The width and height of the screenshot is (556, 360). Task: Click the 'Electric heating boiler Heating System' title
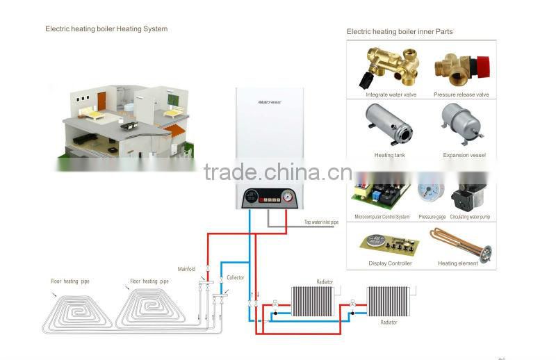tap(106, 29)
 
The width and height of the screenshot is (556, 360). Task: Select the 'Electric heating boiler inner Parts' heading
tap(400, 32)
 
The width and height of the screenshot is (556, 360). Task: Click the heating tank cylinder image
tap(389, 126)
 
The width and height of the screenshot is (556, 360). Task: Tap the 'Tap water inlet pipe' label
tap(321, 222)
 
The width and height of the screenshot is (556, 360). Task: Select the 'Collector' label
tap(235, 277)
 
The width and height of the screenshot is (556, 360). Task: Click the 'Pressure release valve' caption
tap(461, 95)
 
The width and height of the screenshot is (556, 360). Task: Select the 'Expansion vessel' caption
tap(464, 155)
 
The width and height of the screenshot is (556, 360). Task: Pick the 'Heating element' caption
tap(458, 263)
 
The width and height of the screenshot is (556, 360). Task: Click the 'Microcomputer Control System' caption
tap(382, 217)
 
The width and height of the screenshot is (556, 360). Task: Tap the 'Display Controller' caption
tap(390, 263)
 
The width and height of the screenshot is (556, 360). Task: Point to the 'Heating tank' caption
tap(389, 155)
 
